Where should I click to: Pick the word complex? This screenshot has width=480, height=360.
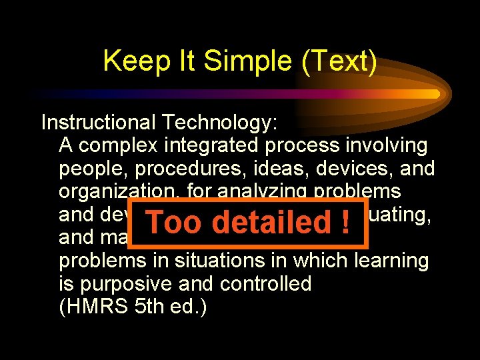(121, 145)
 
